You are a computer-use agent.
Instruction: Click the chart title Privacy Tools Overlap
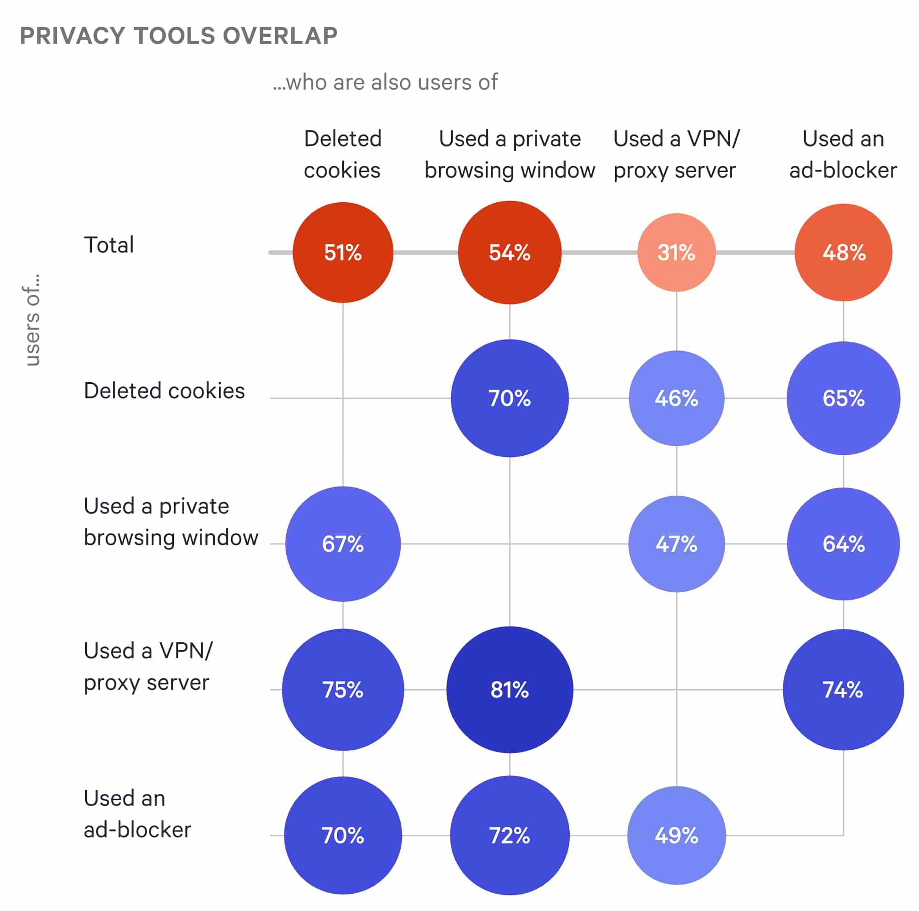[x=178, y=36]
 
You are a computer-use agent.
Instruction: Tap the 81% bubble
[x=510, y=690]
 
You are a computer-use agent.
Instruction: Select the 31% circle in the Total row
[x=676, y=253]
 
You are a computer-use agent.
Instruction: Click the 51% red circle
[x=342, y=253]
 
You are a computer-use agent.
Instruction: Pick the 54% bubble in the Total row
[x=510, y=253]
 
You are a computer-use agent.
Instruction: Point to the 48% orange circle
[x=843, y=253]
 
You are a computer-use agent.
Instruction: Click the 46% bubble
[x=676, y=398]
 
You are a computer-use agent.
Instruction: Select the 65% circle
[x=843, y=398]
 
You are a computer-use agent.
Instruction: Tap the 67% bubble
[x=342, y=543]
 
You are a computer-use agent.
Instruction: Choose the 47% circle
[x=676, y=543]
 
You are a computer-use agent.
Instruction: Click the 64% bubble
[x=843, y=543]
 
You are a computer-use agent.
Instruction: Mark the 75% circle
[x=342, y=690]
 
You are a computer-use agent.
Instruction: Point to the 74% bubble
[x=843, y=690]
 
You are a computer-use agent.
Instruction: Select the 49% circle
[x=676, y=835]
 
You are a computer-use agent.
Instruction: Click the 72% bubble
[x=510, y=835]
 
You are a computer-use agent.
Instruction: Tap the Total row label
[x=109, y=245]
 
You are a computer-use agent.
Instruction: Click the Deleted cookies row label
[x=164, y=391]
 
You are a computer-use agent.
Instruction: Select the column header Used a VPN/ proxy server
[x=676, y=154]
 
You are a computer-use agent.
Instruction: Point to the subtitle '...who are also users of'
[x=386, y=82]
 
